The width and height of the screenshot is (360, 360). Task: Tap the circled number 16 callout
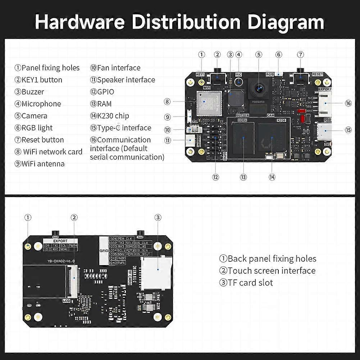pos(348,103)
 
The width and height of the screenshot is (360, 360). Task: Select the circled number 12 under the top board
pos(215,177)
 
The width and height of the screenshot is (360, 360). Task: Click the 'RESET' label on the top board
pos(317,74)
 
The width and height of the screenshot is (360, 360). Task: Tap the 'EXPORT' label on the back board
pos(60,241)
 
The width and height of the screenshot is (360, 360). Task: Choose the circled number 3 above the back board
pos(158,217)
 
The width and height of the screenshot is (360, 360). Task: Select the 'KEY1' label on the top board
pos(200,74)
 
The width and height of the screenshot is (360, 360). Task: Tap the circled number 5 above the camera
pos(259,55)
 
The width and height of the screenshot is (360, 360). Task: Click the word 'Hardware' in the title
pos(80,22)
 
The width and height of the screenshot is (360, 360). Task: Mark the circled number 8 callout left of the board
pos(167,101)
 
